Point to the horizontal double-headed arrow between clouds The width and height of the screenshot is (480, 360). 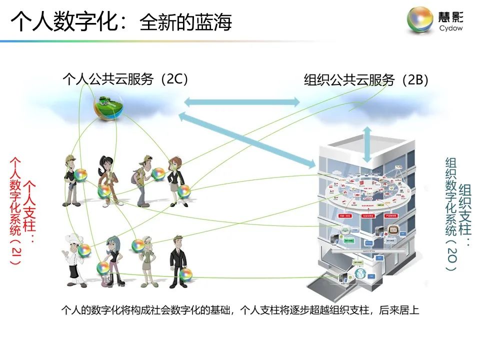click(x=242, y=102)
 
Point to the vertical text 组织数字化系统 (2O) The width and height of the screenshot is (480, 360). click(x=451, y=215)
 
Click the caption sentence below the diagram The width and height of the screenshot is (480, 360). click(x=240, y=310)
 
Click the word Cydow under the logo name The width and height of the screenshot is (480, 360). click(x=451, y=28)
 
